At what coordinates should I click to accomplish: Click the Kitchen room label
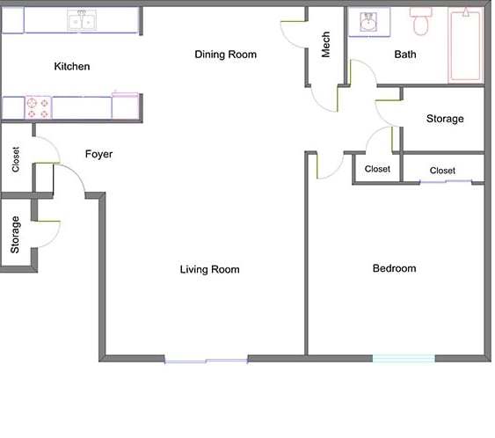[x=72, y=67]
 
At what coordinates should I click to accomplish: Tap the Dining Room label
[x=226, y=55]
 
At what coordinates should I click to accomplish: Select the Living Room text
[x=209, y=269]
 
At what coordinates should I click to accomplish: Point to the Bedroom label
[x=394, y=268]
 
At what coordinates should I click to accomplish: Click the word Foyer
[x=98, y=155]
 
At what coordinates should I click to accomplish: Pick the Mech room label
[x=325, y=45]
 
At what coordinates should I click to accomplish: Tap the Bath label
[x=405, y=55]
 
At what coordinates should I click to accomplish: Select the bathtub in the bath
[x=465, y=44]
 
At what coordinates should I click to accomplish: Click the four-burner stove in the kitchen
[x=38, y=107]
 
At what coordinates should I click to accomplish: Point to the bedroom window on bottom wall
[x=404, y=358]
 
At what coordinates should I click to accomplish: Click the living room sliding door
[x=206, y=359]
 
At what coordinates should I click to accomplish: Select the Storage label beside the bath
[x=445, y=119]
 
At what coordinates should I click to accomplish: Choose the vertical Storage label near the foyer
[x=15, y=235]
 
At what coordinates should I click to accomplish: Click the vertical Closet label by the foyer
[x=16, y=159]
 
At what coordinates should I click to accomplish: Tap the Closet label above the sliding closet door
[x=442, y=171]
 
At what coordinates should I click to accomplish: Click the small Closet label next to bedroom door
[x=377, y=169]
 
